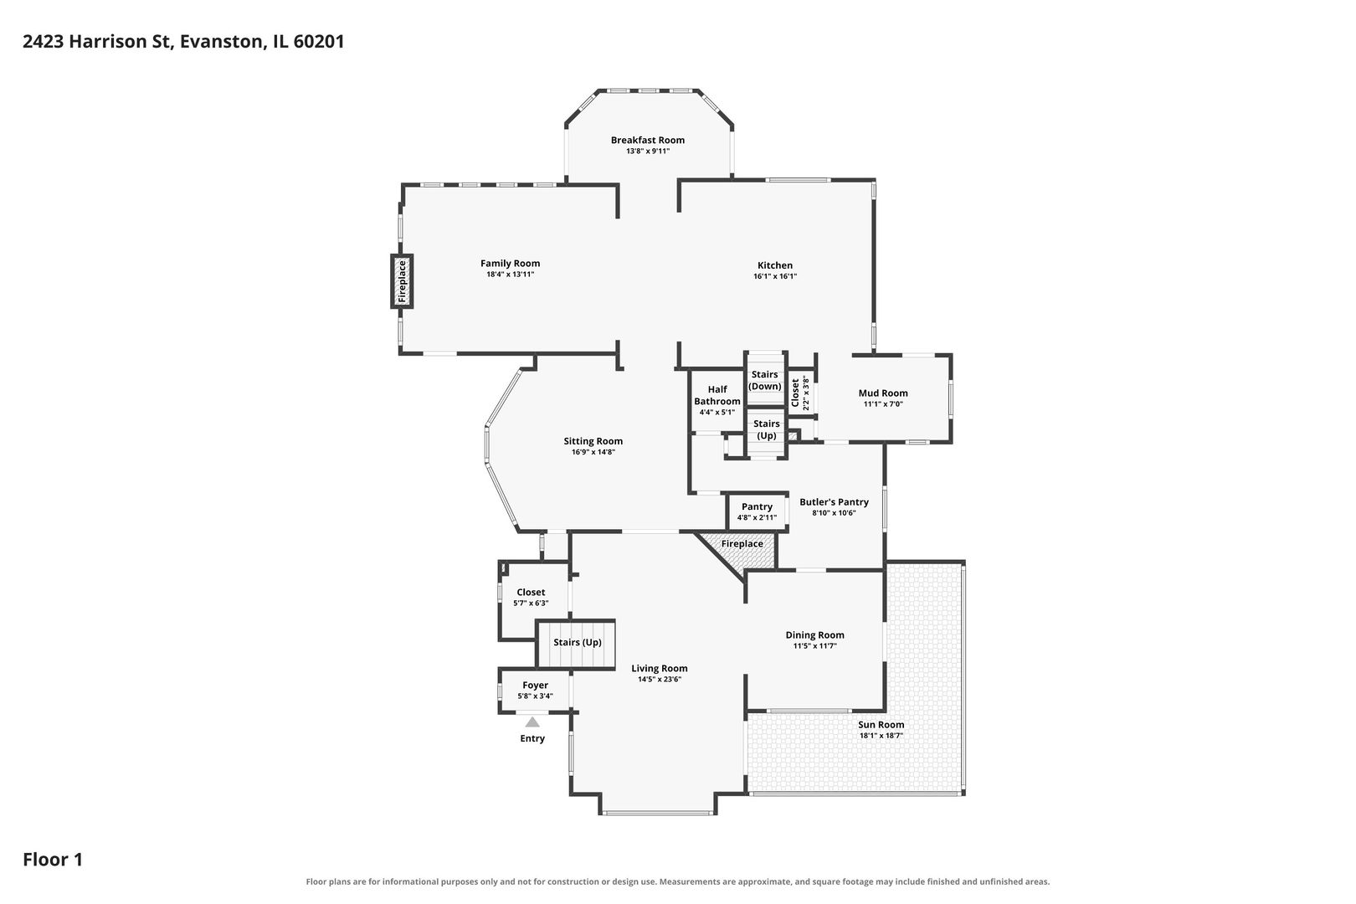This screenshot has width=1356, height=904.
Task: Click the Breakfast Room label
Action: click(647, 140)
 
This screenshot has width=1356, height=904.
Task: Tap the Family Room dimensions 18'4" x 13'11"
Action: click(510, 275)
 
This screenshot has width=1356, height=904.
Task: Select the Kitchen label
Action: click(775, 265)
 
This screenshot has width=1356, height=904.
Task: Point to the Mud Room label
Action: click(882, 393)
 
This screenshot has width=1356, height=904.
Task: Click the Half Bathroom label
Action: click(717, 395)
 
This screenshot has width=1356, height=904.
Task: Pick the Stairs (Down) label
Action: click(765, 380)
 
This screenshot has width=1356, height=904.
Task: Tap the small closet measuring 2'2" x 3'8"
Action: click(799, 393)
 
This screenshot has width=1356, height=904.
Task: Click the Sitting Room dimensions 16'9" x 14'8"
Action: click(593, 452)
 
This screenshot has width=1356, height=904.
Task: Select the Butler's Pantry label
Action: click(834, 502)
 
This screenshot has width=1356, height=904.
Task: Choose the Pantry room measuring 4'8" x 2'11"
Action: click(757, 512)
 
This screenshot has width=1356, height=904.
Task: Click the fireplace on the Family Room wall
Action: click(401, 281)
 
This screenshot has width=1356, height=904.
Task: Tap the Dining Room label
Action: click(814, 634)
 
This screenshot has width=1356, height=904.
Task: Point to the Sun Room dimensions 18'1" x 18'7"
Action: click(881, 736)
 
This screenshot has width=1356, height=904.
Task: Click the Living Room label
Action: click(660, 669)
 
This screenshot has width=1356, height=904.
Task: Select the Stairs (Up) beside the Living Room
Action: click(576, 645)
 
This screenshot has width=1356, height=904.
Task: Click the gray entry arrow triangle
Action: click(532, 722)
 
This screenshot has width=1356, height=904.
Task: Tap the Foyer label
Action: click(535, 686)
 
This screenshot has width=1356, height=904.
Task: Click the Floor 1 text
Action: click(53, 859)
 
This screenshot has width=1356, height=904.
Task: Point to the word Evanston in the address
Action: click(222, 41)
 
